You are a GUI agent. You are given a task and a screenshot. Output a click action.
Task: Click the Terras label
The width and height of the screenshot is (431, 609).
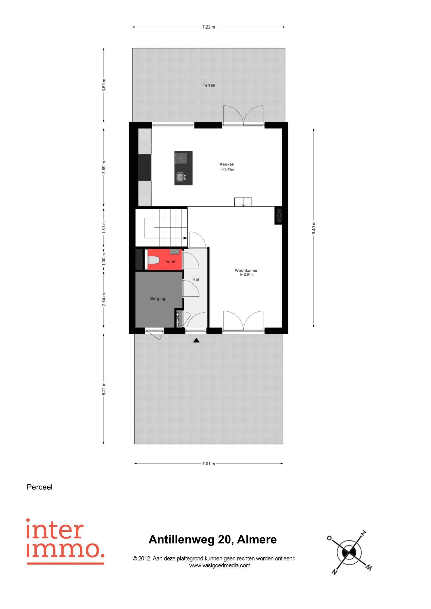click(209, 85)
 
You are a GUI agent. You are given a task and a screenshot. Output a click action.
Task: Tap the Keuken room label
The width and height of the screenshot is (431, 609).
click(227, 164)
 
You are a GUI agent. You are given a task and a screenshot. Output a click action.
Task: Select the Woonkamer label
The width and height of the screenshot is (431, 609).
click(246, 270)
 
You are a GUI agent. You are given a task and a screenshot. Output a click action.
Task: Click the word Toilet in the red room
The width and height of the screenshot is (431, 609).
click(170, 261)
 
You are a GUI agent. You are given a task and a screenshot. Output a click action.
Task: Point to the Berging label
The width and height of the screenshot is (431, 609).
click(158, 298)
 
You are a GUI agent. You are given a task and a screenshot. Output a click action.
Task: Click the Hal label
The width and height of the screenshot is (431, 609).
click(196, 279)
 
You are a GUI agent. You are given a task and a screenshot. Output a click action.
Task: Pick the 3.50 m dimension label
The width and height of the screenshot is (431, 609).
click(104, 85)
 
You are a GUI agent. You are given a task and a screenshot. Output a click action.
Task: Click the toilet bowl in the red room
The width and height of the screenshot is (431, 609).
click(153, 260)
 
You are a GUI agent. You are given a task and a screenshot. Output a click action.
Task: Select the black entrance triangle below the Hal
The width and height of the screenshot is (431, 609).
click(196, 340)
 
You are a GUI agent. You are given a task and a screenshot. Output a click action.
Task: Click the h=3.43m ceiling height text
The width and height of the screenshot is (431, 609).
click(227, 169)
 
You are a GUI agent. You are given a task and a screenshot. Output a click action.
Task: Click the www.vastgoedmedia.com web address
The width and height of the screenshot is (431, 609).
click(220, 565)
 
